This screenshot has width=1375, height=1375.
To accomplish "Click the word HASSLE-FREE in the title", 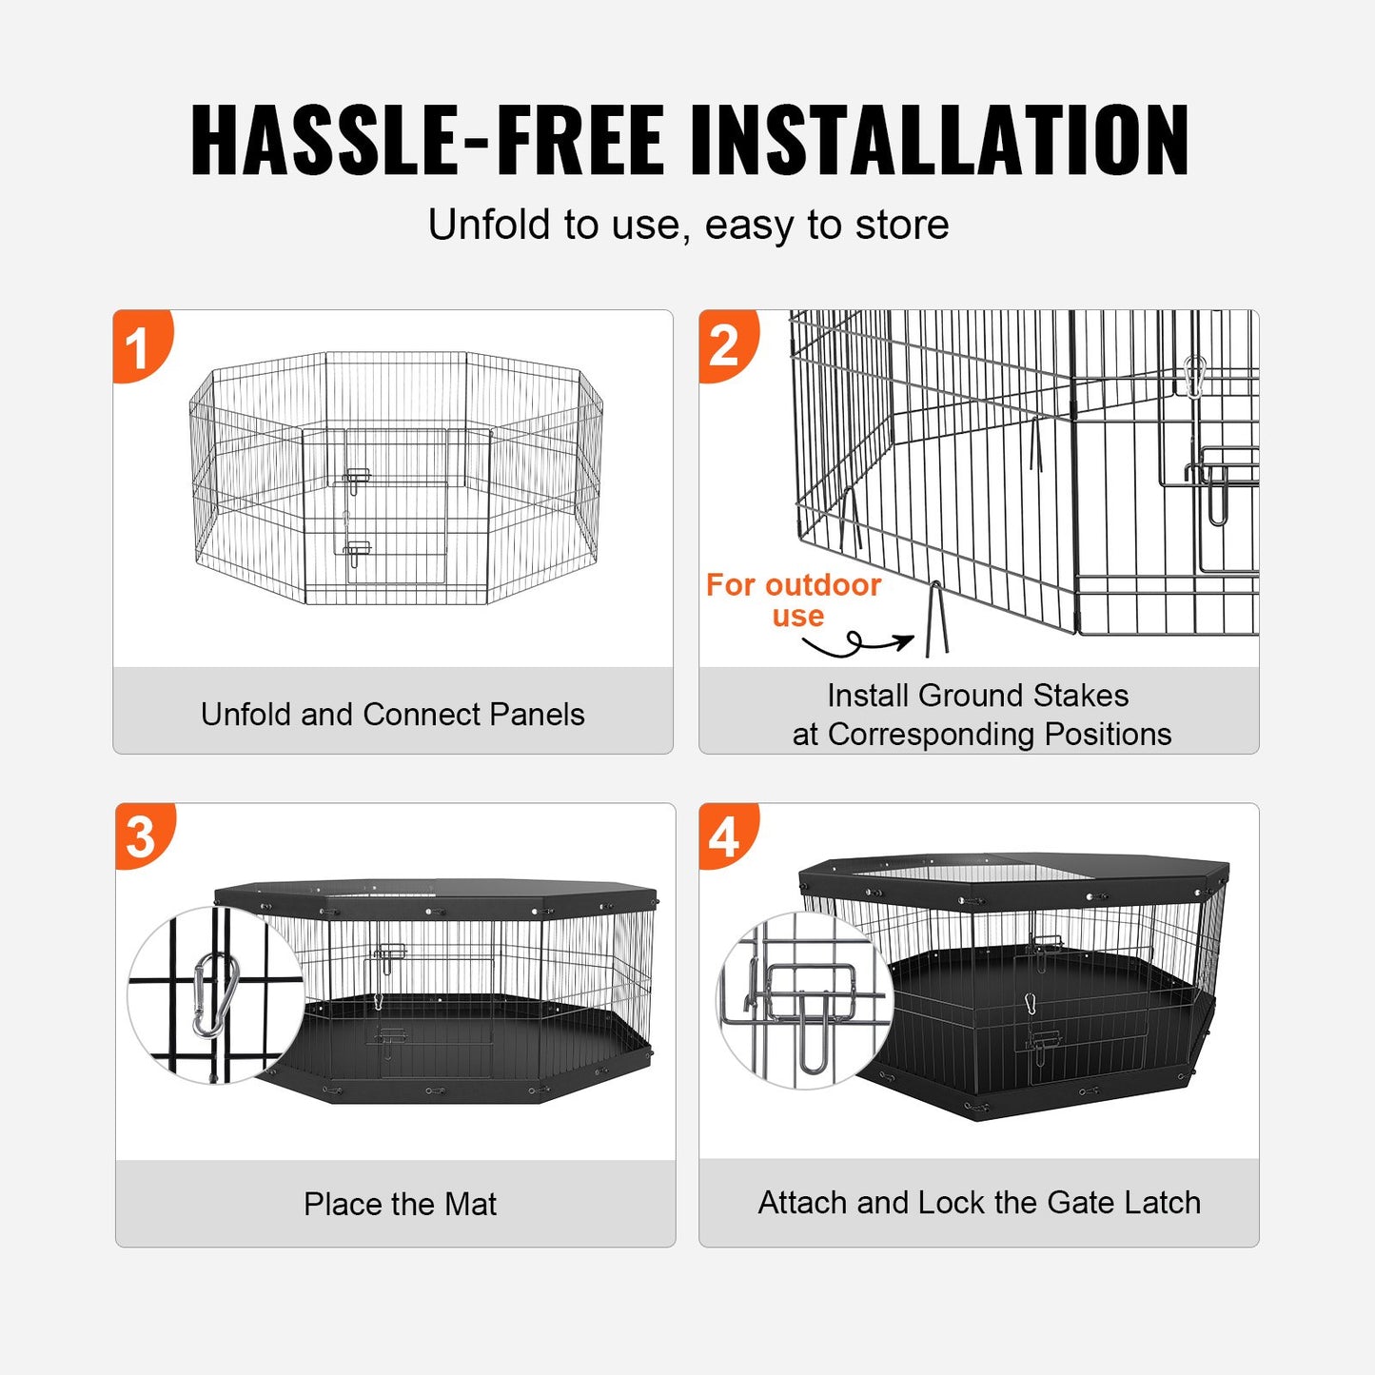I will [x=426, y=140].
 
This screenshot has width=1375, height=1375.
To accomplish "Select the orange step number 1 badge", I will [x=140, y=346].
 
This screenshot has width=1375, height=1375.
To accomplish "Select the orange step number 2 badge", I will [x=725, y=345].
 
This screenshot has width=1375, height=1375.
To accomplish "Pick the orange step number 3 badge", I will [x=142, y=836].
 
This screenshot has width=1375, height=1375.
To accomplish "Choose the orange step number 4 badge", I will [x=725, y=837].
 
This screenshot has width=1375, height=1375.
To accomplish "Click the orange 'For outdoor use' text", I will [x=794, y=599].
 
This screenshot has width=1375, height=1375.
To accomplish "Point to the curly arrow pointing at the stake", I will [x=856, y=644].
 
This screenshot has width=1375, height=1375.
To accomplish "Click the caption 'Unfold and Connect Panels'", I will [x=392, y=715].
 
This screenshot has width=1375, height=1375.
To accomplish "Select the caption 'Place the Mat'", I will [x=400, y=1204].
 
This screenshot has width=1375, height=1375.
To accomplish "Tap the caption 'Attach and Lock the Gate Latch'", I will [x=979, y=1203].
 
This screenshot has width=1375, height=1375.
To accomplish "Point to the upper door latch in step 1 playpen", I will [x=357, y=478].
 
